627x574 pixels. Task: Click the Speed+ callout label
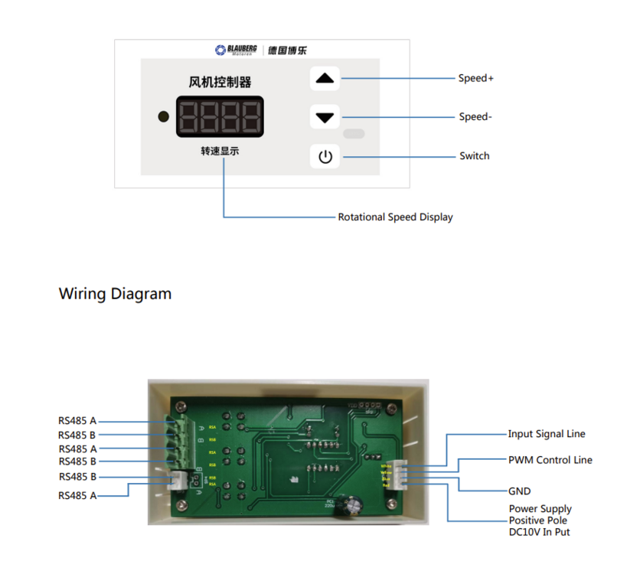(475, 78)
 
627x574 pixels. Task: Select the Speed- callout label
(475, 117)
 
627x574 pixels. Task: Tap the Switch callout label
(474, 156)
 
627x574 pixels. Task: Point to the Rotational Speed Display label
(395, 217)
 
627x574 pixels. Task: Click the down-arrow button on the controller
(325, 118)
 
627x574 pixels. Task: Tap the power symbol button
(325, 157)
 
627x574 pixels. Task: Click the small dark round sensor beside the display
(162, 117)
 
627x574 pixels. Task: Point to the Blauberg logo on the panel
(237, 51)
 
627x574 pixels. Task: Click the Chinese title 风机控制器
(220, 82)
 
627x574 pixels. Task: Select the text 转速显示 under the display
(220, 152)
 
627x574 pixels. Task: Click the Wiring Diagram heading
(115, 294)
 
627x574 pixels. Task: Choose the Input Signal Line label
(547, 434)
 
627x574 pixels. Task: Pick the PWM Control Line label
(550, 460)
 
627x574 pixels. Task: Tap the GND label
(519, 491)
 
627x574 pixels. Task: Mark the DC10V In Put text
(539, 532)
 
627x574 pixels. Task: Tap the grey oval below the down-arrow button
(354, 135)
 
